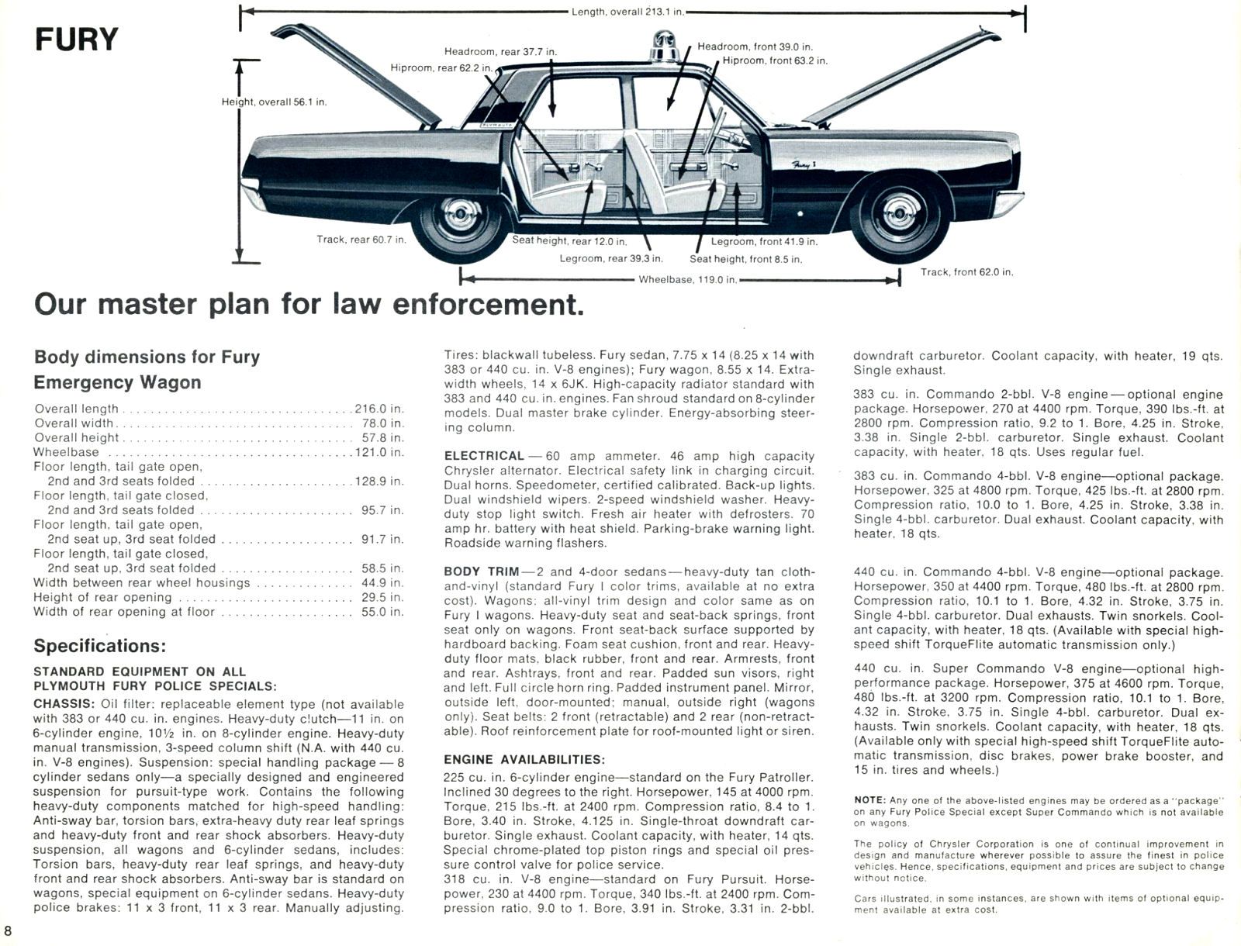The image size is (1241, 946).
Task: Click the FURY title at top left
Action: pos(76,39)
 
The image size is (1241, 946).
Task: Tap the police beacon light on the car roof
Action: pos(665,47)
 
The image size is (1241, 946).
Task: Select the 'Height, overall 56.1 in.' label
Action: pos(274,102)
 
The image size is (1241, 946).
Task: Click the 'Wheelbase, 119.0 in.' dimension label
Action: pos(687,279)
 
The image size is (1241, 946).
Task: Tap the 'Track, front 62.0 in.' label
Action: pos(966,271)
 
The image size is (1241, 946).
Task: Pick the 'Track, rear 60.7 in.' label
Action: pos(361,240)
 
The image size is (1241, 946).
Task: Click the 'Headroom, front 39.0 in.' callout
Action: pos(754,47)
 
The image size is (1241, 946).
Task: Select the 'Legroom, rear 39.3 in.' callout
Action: pos(610,258)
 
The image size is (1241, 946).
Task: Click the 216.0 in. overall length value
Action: pos(379,409)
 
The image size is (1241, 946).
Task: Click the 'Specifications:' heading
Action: pos(99,646)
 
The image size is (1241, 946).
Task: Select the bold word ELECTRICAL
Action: pos(483,456)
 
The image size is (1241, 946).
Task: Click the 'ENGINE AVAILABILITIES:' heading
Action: pos(524,759)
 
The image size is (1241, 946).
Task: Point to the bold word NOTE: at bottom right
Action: pos(869,799)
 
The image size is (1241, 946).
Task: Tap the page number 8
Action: pos(8,930)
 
